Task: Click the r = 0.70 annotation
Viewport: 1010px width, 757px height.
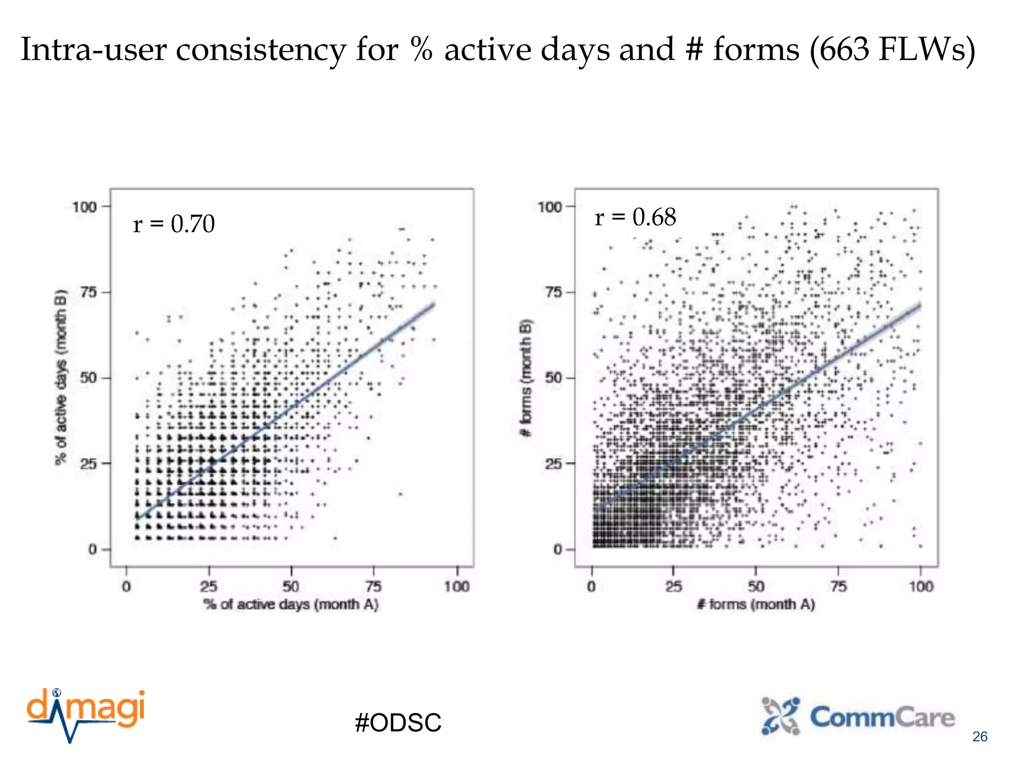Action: pos(174,224)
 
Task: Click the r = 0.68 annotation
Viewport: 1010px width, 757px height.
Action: pos(635,217)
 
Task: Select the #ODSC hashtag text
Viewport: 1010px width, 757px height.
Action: pos(398,723)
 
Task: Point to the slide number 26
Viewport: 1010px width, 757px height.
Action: pos(979,737)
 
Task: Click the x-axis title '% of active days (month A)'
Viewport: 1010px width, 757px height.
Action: pos(291,604)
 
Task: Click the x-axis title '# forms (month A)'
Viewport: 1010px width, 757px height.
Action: pos(756,604)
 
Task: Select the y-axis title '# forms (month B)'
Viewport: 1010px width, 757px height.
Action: pos(526,378)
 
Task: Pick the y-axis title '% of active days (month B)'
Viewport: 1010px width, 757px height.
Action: pos(60,377)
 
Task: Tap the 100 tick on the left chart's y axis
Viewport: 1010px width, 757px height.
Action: pos(84,206)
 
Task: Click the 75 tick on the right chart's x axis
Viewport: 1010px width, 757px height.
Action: pos(838,586)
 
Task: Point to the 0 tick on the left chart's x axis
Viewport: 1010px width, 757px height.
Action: pos(127,586)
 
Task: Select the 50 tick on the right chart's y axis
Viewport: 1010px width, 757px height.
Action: pos(553,378)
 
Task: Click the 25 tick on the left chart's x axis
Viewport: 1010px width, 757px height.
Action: pos(209,586)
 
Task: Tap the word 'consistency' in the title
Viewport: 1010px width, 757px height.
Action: pos(261,50)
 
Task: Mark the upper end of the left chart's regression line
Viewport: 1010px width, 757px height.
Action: pos(434,304)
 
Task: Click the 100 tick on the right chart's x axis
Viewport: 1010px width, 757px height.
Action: pos(921,586)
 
